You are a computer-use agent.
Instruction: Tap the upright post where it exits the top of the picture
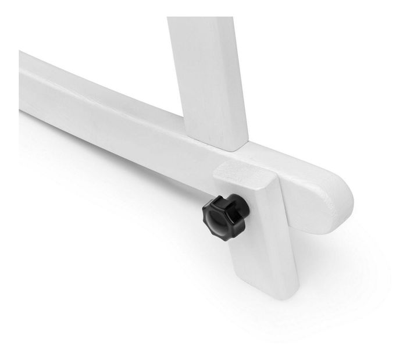(201, 20)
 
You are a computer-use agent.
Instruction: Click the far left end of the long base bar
(23, 81)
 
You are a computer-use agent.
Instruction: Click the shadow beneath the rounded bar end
(343, 233)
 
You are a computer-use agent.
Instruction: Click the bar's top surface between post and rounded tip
(291, 169)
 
